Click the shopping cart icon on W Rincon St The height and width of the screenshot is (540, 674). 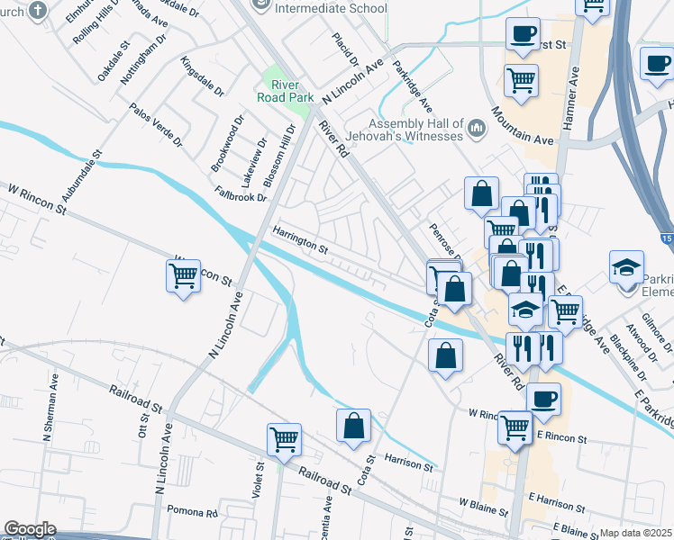click(183, 275)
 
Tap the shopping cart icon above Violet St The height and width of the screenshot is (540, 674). click(284, 439)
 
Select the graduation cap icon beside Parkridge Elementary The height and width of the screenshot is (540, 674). click(626, 267)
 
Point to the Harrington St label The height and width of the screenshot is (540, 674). click(302, 238)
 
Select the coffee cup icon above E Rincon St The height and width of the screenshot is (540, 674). click(543, 399)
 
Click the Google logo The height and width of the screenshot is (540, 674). click(30, 530)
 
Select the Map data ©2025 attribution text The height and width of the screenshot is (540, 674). click(636, 533)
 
